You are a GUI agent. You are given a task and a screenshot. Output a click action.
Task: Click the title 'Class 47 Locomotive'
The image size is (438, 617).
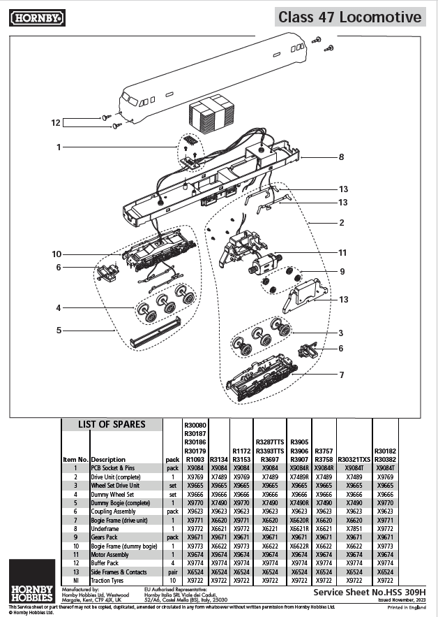click(x=350, y=17)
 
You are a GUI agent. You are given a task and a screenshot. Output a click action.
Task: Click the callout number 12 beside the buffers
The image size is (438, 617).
click(x=56, y=122)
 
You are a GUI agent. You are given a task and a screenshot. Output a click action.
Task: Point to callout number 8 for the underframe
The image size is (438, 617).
click(x=341, y=157)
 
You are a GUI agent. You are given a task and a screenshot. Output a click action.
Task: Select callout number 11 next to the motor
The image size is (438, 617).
click(x=342, y=252)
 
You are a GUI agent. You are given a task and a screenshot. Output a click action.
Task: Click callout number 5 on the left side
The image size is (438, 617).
click(x=59, y=330)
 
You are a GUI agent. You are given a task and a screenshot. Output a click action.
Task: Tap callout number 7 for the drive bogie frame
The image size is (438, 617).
click(x=341, y=375)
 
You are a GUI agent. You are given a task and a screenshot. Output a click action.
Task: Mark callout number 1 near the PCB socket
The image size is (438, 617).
click(x=59, y=147)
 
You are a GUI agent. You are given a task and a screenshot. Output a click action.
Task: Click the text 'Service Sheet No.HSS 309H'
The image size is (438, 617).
click(x=369, y=591)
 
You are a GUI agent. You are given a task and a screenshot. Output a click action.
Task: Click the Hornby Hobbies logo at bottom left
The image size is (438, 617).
click(x=31, y=581)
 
